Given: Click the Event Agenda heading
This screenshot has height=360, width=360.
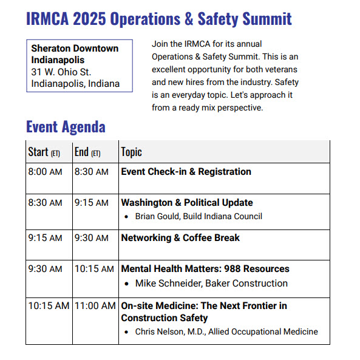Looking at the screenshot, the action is click(66, 127).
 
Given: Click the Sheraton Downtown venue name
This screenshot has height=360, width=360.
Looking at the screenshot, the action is click(75, 48).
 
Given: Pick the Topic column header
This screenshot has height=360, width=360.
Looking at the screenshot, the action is click(131, 152).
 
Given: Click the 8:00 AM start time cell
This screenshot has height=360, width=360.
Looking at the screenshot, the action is click(45, 172).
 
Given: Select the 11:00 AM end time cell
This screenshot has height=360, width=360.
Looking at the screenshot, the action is click(95, 305).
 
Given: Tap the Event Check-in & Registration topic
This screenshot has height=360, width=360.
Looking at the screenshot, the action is click(186, 172).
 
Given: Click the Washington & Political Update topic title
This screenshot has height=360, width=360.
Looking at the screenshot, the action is click(187, 203).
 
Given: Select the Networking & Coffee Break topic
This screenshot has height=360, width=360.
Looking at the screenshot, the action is click(180, 238).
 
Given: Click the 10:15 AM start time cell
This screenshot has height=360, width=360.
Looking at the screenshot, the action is click(49, 305).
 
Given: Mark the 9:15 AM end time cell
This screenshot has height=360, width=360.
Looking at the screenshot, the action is click(92, 203).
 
